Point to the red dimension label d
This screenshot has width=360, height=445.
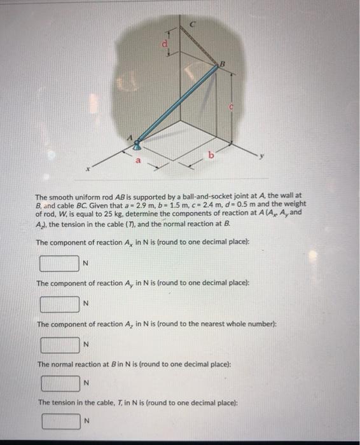[x=167, y=44]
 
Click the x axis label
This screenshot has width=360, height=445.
[x=93, y=168]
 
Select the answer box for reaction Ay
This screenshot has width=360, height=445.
[x=59, y=303]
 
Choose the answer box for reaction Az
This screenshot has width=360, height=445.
[x=59, y=345]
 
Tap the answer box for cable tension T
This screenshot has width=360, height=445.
[x=59, y=421]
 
